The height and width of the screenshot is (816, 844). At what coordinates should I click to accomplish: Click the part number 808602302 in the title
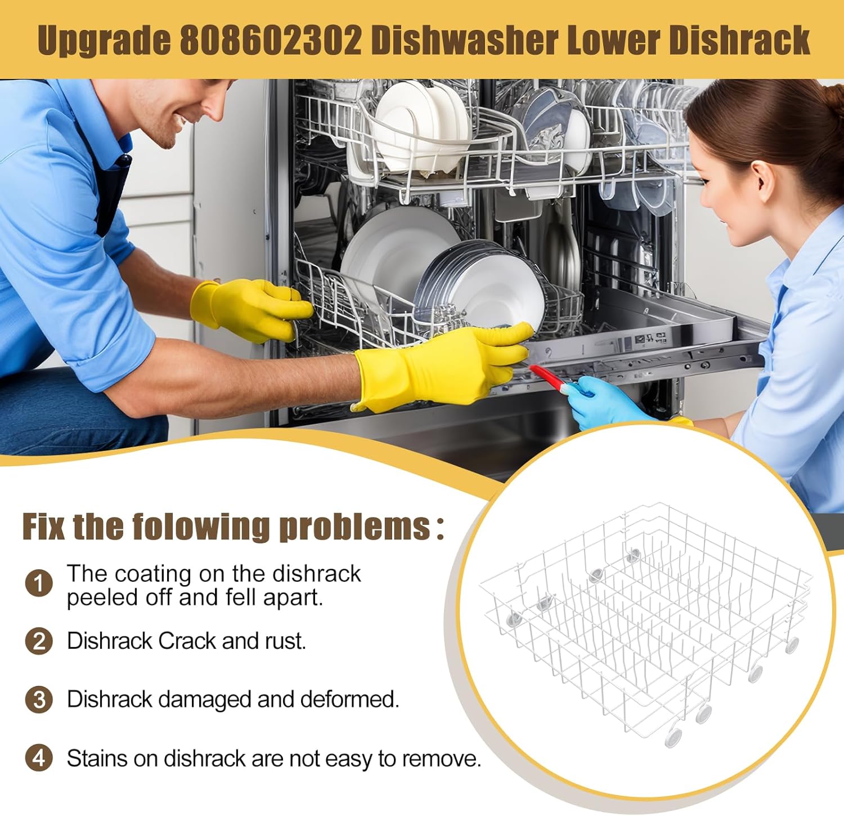(x=271, y=40)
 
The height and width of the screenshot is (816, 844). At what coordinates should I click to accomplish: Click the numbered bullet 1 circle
(x=39, y=582)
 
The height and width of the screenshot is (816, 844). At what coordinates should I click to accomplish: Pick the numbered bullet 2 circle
(x=39, y=641)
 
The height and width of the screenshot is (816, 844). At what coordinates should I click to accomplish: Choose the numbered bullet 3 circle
(x=39, y=700)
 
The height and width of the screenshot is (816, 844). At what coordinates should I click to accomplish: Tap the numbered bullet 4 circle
(x=39, y=758)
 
